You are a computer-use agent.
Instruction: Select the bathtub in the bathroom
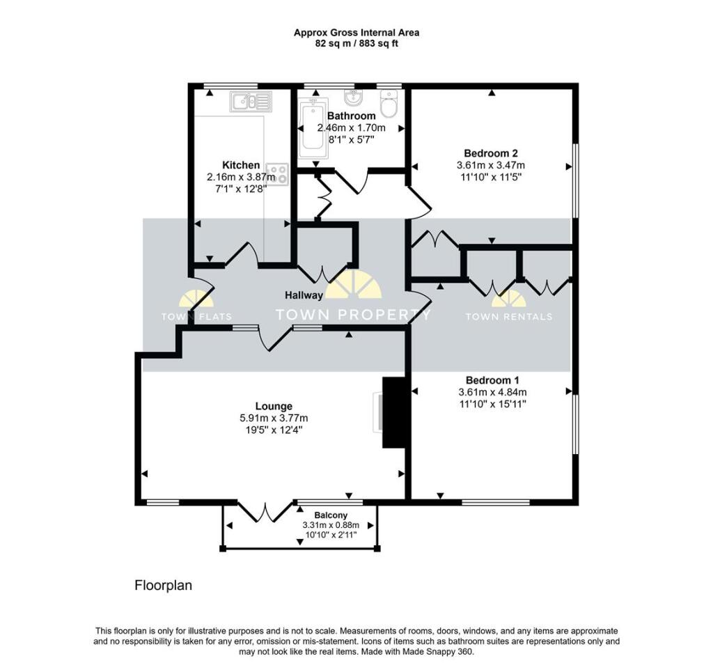(311, 129)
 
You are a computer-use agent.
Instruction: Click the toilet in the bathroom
(389, 104)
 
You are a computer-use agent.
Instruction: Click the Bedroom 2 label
(490, 153)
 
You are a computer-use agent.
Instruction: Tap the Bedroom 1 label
(492, 380)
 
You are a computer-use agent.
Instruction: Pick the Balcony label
(331, 515)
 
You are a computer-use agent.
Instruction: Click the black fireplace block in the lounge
(394, 413)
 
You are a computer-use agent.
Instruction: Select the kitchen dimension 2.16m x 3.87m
(241, 178)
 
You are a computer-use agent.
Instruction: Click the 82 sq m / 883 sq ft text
(356, 43)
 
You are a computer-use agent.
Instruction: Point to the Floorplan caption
(163, 586)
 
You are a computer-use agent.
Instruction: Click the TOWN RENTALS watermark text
(508, 316)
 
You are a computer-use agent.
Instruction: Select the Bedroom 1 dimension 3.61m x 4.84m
(492, 392)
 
